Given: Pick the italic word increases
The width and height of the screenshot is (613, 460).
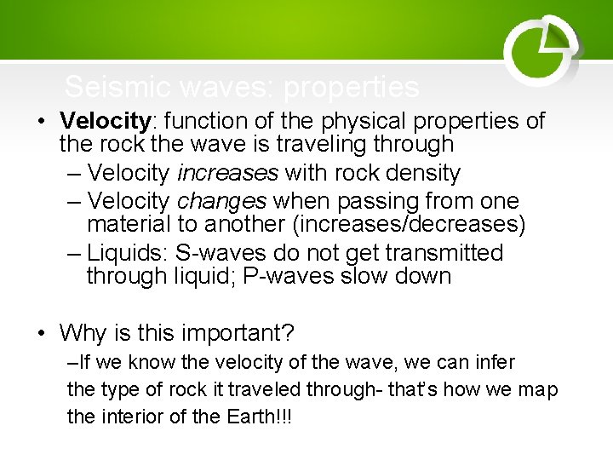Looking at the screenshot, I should point(227,174).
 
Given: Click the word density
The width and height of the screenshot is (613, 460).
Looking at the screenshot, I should point(418,174).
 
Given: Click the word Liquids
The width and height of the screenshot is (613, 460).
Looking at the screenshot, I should point(128,253).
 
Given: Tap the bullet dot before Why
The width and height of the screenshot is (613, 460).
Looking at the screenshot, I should point(42,332).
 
